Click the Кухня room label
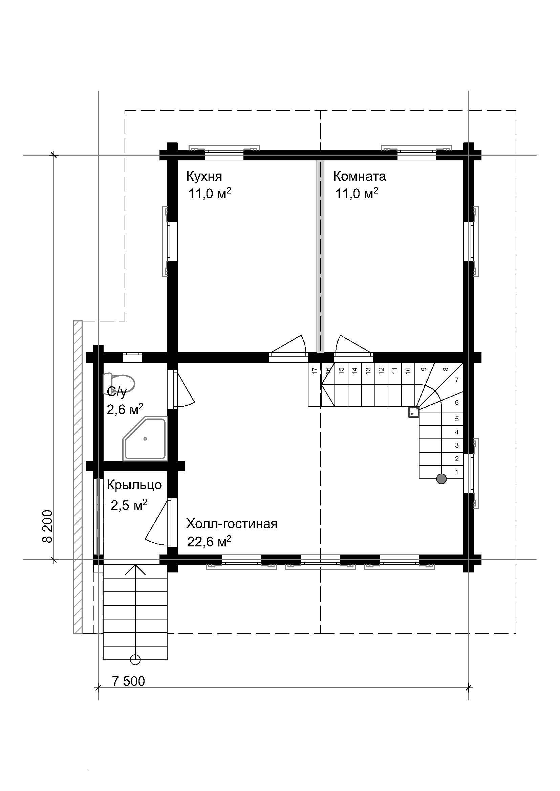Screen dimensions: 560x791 click(x=204, y=176)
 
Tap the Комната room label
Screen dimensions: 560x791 click(x=359, y=176)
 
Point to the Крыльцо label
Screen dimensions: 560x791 click(x=134, y=485)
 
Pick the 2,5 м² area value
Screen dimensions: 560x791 click(x=129, y=505)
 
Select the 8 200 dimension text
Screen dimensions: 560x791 click(x=48, y=526)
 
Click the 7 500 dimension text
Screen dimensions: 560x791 click(x=128, y=681)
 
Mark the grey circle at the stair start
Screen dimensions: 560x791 click(x=441, y=479)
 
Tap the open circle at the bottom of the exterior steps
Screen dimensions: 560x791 click(x=135, y=659)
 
